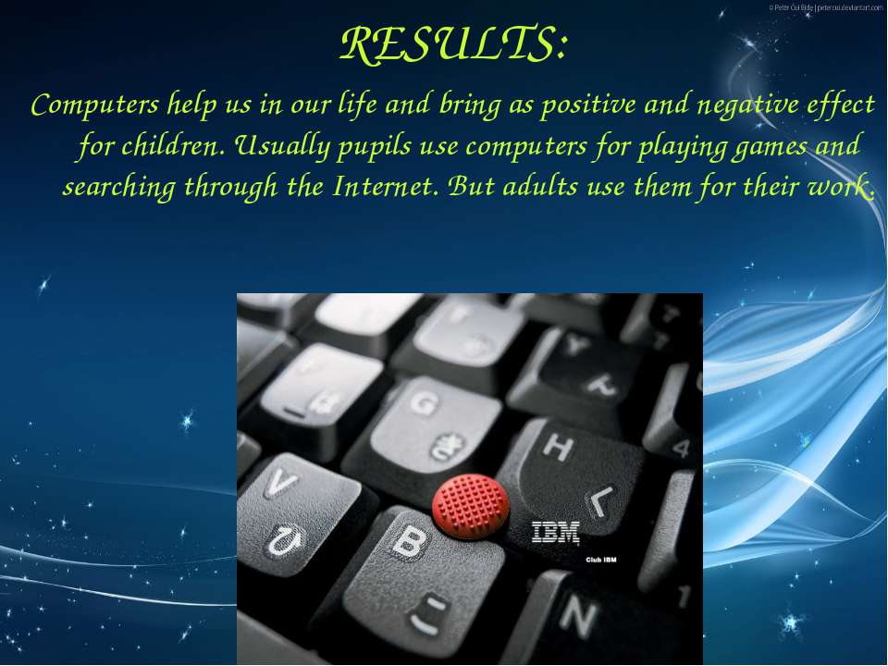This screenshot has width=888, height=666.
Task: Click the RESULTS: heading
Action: tap(453, 43)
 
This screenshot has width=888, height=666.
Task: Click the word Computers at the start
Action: tap(94, 105)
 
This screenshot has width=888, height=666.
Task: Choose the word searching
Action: tap(119, 188)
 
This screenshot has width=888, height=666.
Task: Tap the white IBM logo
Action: tap(556, 533)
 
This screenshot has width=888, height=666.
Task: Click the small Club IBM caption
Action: tap(601, 561)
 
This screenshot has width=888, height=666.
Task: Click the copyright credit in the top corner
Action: tap(826, 7)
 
